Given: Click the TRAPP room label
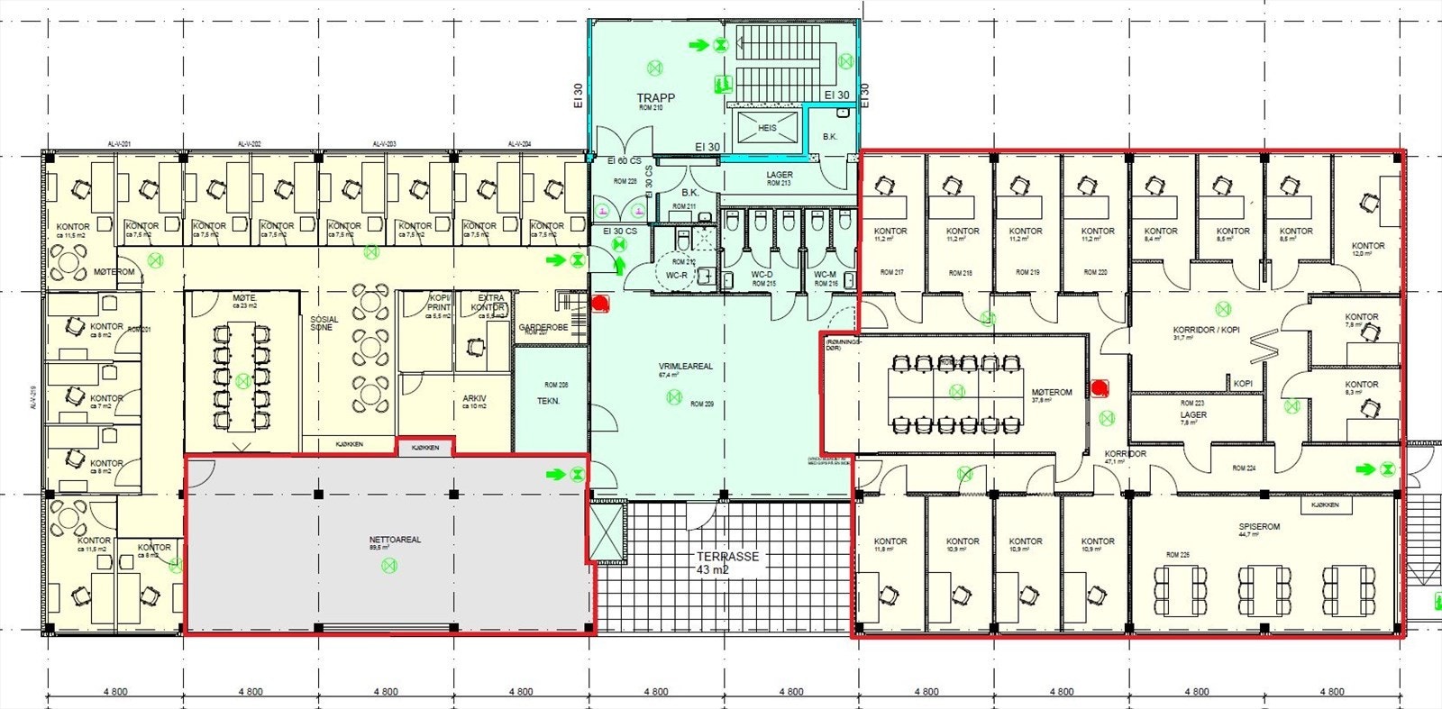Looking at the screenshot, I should coord(655,98).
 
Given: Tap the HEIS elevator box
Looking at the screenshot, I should coord(767,128).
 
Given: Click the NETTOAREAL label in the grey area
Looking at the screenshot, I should coord(395,540).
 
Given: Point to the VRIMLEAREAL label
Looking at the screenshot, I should coord(685,367).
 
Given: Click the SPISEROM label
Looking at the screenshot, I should coord(1259,526).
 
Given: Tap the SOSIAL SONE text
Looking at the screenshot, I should coord(324,323).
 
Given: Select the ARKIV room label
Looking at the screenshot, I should coord(475,398).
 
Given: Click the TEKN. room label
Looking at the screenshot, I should coord(548,401).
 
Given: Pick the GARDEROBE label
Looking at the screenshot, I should coord(543,327).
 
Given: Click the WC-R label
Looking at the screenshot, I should coord(676,275).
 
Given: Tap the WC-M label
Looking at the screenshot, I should coord(826,275).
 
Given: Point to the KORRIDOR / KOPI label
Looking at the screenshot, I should coord(1206,330).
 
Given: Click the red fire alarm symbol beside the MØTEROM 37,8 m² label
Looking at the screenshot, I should coord(1100,388).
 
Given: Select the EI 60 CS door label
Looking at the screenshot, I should coord(624,161).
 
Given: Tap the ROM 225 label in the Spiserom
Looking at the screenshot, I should coord(1177,555).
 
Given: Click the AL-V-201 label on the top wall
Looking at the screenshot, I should coord(120,144).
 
